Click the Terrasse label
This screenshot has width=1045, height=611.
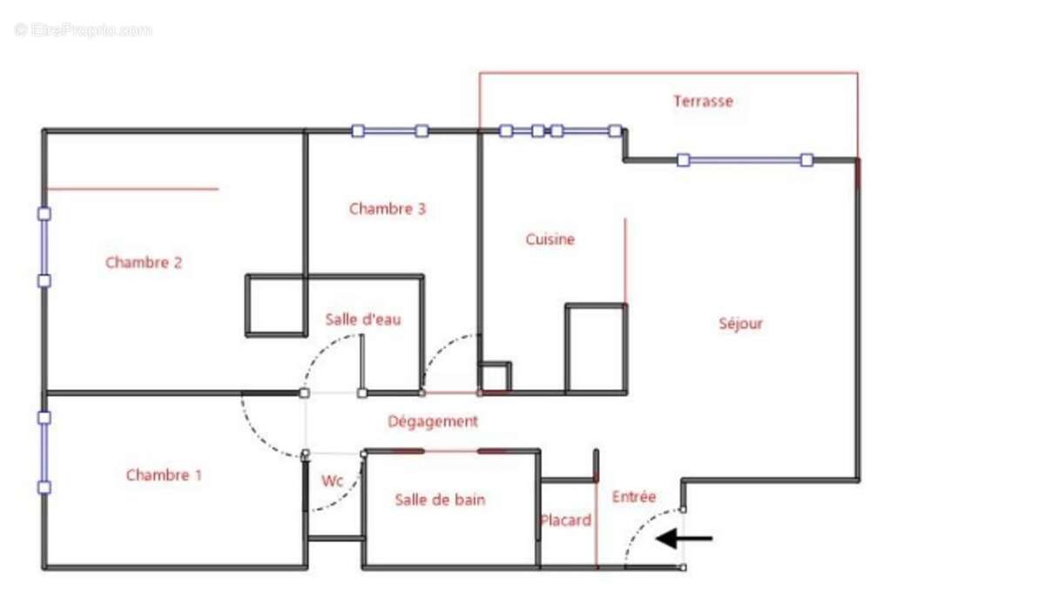(703, 101)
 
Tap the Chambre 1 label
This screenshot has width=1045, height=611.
(164, 475)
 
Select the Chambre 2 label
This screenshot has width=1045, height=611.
(144, 262)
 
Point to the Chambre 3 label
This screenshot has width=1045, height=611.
(388, 209)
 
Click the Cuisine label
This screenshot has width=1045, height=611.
(550, 239)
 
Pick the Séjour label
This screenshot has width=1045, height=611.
(741, 324)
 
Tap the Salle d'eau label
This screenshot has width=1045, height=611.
(363, 319)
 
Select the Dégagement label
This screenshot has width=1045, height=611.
(433, 421)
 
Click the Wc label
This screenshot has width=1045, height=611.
(332, 480)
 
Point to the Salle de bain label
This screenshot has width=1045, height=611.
(440, 500)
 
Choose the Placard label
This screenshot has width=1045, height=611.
(565, 520)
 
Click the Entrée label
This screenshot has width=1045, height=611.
(634, 497)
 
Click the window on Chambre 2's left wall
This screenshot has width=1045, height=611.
(44, 247)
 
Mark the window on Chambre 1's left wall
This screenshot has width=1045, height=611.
(44, 453)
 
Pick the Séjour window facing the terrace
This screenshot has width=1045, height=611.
(745, 160)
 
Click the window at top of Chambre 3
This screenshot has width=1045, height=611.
(389, 131)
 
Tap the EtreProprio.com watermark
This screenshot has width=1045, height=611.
(83, 30)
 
